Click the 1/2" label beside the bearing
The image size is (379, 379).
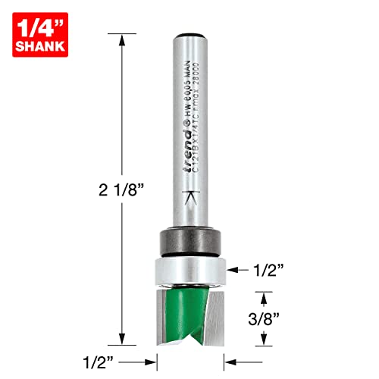pos(268,268)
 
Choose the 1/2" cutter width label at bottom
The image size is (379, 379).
pos(102,354)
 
